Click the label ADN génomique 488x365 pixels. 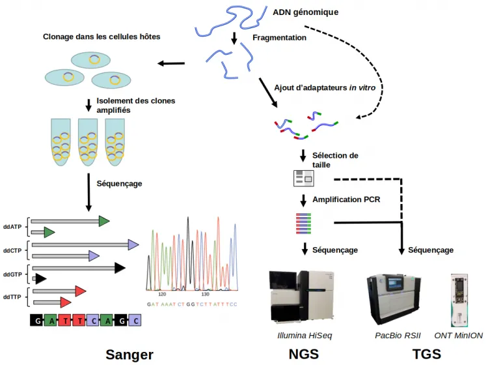(305, 12)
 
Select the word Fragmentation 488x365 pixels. (279, 38)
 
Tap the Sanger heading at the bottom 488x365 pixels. (129, 354)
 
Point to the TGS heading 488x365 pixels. (427, 354)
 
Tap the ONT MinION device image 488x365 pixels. (459, 300)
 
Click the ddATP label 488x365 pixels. (12, 226)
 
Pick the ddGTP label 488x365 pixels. (12, 274)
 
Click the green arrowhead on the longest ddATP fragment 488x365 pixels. (103, 221)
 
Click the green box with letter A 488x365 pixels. (53, 321)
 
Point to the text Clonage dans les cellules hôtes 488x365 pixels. (102, 36)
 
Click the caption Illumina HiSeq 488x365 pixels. (301, 335)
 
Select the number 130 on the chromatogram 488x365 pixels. (206, 295)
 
